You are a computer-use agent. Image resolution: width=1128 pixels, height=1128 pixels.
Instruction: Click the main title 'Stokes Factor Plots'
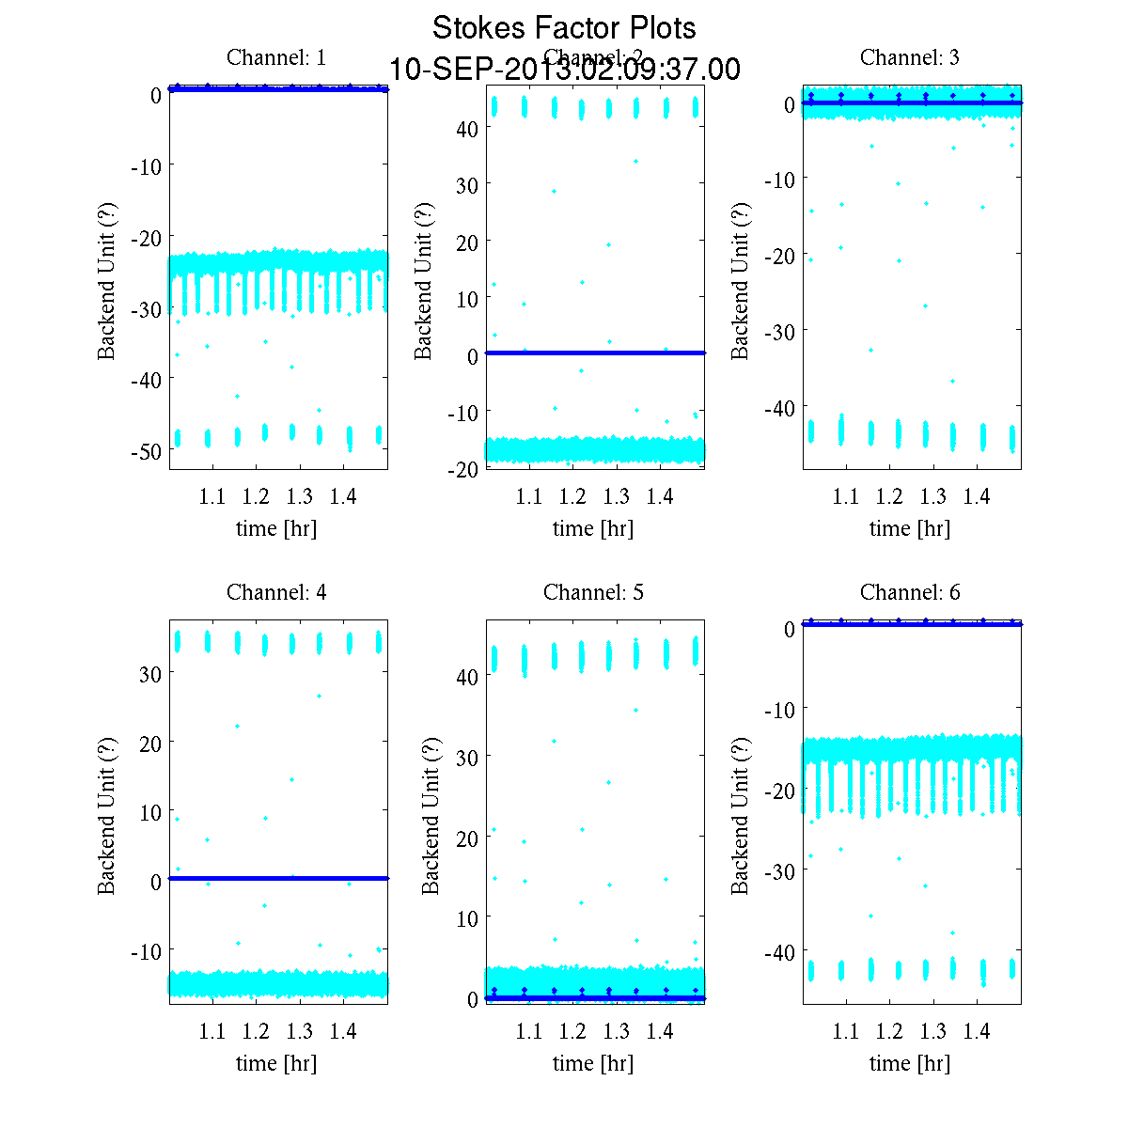tap(564, 28)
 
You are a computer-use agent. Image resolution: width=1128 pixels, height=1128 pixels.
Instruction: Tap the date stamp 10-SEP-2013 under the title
tap(564, 70)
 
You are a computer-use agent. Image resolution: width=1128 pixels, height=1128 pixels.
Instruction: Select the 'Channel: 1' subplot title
tap(276, 57)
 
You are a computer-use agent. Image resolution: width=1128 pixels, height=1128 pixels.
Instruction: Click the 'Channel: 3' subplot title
tap(910, 57)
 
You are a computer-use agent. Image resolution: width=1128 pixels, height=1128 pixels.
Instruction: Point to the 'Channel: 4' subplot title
tap(276, 592)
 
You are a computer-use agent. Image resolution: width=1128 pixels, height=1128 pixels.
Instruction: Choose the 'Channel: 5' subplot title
tap(593, 592)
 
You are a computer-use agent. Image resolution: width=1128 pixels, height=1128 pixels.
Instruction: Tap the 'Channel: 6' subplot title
tap(910, 592)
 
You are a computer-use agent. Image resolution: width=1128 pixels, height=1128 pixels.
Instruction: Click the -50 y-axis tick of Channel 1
tap(146, 451)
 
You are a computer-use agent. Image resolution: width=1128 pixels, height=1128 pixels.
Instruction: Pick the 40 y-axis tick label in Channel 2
tap(467, 128)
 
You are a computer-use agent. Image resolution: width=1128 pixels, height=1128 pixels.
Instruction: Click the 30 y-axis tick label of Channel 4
tap(150, 674)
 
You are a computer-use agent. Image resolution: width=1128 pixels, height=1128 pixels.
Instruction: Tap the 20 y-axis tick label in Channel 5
tap(467, 838)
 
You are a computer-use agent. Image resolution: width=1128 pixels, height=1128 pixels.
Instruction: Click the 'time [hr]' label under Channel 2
tap(593, 528)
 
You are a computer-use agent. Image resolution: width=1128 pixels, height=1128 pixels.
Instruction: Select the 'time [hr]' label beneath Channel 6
tap(910, 1063)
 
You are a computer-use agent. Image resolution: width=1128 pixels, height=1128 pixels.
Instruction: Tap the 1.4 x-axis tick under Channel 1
tap(343, 496)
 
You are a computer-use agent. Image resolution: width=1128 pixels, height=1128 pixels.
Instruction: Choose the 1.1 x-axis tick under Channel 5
tap(529, 1031)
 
